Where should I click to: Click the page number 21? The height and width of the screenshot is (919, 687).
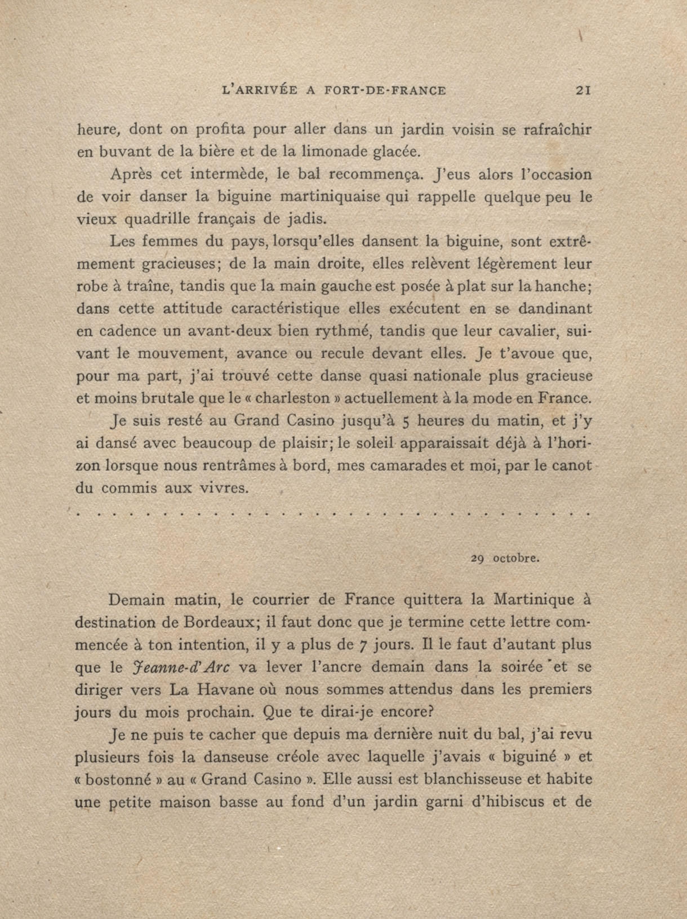[x=584, y=91]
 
